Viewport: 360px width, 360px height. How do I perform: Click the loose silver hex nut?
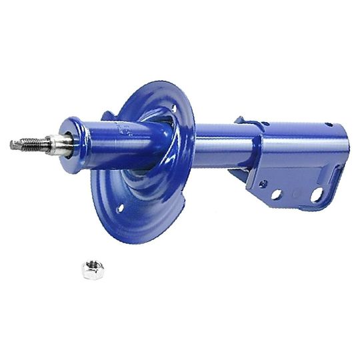coord(92,269)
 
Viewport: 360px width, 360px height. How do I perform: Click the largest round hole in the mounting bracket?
coord(317,194)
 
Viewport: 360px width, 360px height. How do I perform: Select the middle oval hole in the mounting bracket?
coord(293,195)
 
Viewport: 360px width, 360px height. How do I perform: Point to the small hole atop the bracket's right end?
coord(328,124)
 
